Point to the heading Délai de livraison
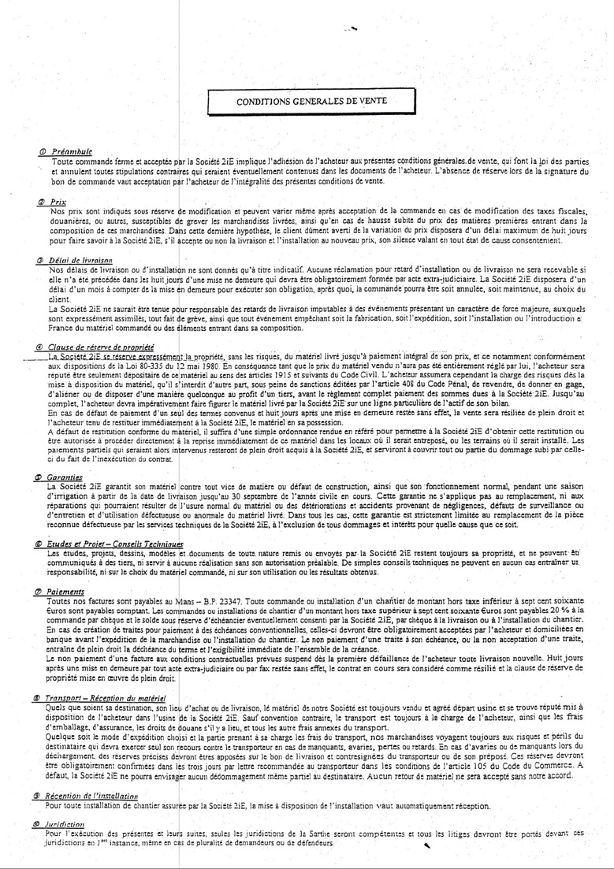(78, 260)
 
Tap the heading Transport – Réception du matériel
(106, 698)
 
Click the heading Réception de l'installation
(93, 797)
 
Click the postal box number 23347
(225, 600)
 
